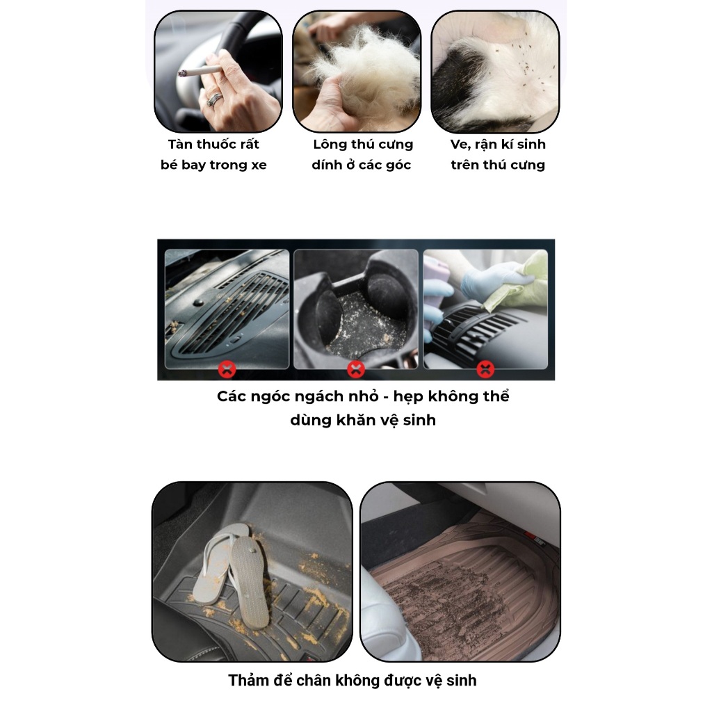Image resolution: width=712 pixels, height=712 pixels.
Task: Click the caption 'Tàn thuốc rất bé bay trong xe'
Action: pos(213,154)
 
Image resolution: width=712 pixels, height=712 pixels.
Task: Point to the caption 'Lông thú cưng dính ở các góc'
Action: pos(362,154)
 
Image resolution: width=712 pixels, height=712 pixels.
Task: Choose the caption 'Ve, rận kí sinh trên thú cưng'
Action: pos(498,154)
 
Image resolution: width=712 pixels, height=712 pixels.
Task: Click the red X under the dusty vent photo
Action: pos(227,369)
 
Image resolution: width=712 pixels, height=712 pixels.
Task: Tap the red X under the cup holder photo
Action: pos(356,369)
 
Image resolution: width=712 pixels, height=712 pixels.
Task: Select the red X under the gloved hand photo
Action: pos(485,369)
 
